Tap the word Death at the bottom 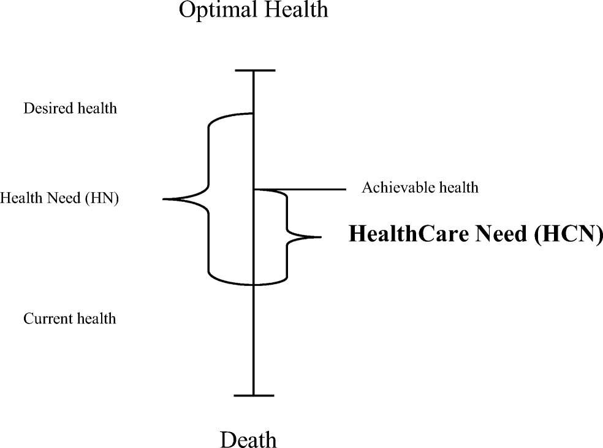[248, 440]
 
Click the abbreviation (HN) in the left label [103, 199]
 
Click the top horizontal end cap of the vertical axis [254, 71]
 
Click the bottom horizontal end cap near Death [254, 396]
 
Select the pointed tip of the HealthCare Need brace [319, 237]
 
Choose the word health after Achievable [457, 187]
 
